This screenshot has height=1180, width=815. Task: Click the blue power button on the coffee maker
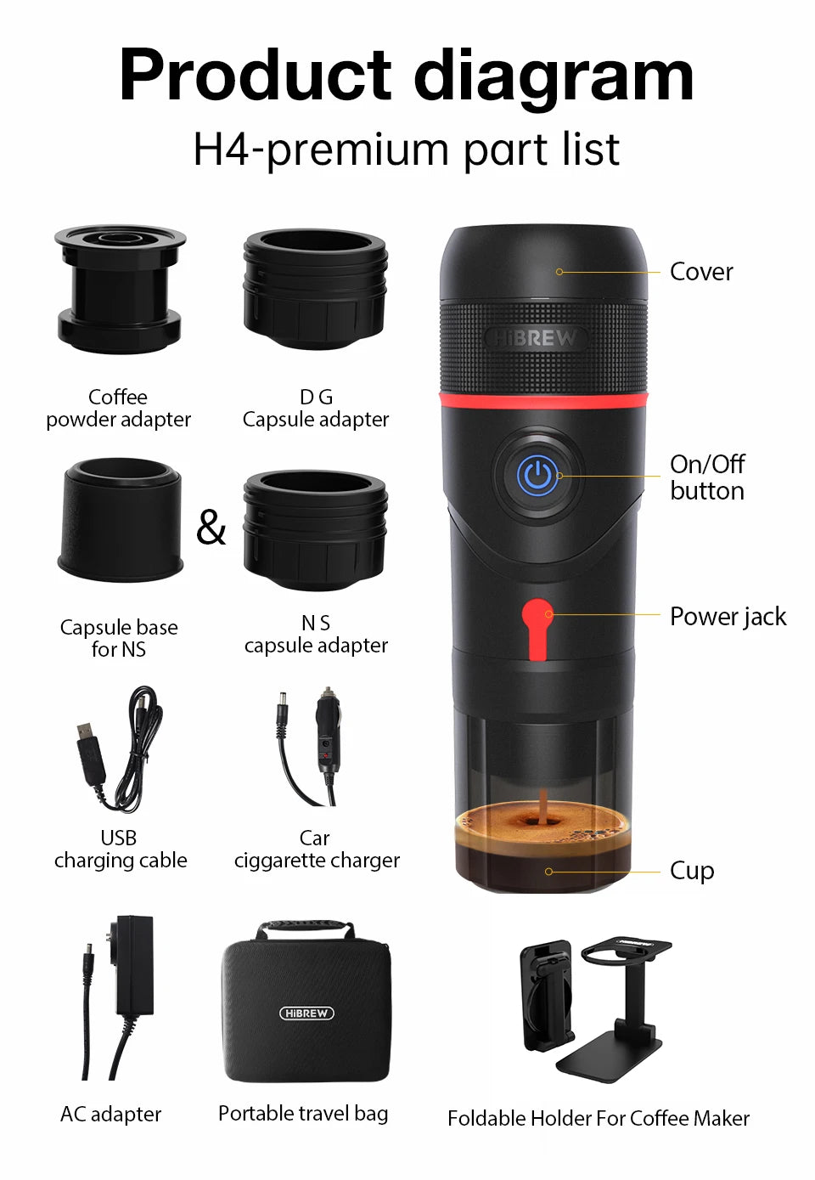[x=537, y=476]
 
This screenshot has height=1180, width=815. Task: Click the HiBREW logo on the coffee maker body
[x=536, y=338]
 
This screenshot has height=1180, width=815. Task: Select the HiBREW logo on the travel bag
[x=306, y=1013]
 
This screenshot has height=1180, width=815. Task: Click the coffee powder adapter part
[x=119, y=289]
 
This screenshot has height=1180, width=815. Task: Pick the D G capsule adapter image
[x=315, y=289]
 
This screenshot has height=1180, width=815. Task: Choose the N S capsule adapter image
[x=315, y=531]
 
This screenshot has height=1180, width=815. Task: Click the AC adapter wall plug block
[x=134, y=964]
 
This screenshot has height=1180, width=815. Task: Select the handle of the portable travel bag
[x=306, y=929]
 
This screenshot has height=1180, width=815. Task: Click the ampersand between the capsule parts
[x=211, y=528]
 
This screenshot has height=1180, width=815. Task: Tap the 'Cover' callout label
[x=700, y=272]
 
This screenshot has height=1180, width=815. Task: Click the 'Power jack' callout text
[x=728, y=616]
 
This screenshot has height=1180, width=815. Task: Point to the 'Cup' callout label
[x=692, y=871]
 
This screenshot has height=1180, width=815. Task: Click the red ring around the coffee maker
[x=543, y=400]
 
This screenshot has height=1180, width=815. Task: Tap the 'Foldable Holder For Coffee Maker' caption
[x=598, y=1118]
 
